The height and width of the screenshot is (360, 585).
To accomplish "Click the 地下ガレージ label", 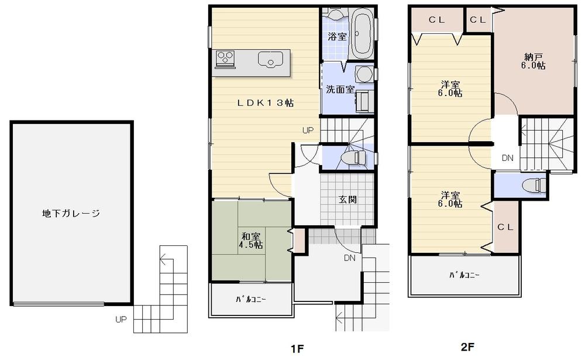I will pos(71,214).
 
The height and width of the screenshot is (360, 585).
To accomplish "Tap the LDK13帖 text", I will pos(265,102).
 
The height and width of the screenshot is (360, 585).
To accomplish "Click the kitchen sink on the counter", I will pos(270,60).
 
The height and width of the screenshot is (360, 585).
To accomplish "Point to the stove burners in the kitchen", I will pos(225,57).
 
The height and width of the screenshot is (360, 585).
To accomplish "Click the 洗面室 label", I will pos(339,90).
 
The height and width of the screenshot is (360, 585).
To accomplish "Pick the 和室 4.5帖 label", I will pos(250,241).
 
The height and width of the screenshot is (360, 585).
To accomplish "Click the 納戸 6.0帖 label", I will pos(534,61).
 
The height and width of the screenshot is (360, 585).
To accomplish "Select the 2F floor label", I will pos(467,347).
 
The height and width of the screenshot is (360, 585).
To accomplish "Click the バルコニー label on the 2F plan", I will pos(464,275).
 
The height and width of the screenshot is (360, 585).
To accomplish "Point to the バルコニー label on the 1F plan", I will pos(250,300).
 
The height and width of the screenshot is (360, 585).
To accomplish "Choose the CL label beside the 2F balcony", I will pos(505,227).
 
